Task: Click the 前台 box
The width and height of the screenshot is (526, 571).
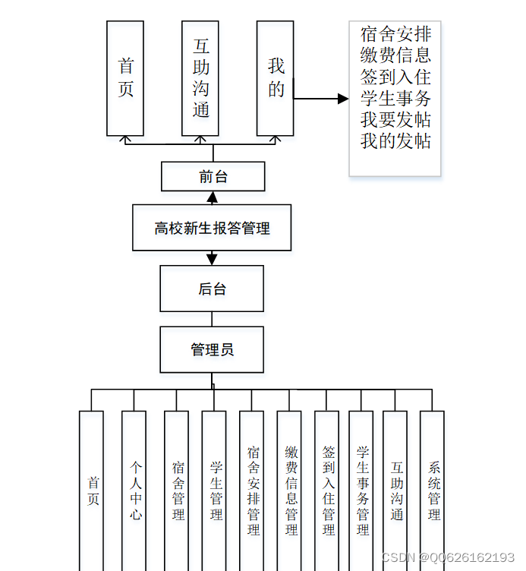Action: coord(213,177)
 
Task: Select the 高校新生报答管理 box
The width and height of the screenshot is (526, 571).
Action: coord(212,228)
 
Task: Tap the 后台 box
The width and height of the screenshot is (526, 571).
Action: coord(212,289)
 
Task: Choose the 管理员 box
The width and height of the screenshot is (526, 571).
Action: coord(212,349)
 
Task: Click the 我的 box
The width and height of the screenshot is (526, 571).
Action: coord(276,78)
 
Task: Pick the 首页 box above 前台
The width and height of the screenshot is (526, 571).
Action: coord(125,78)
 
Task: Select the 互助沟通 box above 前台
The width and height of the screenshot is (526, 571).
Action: coord(200,78)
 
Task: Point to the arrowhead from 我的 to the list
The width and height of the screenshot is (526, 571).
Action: coord(343,99)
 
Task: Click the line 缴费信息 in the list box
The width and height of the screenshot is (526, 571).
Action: coord(395,55)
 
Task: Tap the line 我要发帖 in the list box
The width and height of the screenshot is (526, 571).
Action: coord(395,120)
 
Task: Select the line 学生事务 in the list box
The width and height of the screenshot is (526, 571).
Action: coord(395,99)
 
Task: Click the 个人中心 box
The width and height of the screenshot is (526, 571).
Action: coord(134,490)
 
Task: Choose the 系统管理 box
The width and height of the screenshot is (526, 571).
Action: coord(433,490)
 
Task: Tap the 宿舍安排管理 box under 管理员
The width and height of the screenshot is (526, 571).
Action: coord(253,490)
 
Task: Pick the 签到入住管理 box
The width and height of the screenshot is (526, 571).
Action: coord(328,490)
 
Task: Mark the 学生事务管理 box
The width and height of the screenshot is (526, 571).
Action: coord(362,490)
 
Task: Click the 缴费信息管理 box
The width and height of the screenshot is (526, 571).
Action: coord(291,490)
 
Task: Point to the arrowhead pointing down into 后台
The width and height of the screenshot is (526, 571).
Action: coord(212,260)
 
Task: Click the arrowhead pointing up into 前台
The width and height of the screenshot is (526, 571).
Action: coord(213,197)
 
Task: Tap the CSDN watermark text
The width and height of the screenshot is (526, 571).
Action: coord(448,558)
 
